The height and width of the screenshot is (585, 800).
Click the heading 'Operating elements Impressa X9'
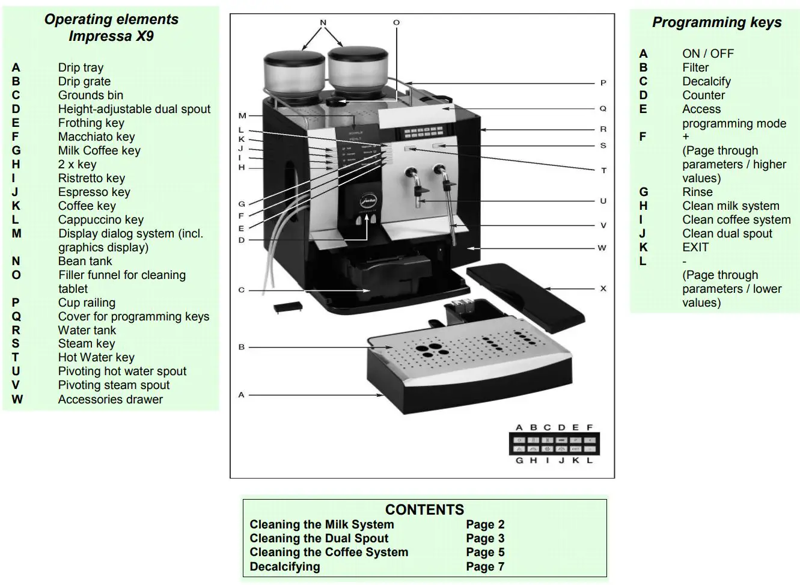[x=111, y=28]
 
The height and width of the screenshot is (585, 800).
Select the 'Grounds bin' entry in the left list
[x=90, y=95]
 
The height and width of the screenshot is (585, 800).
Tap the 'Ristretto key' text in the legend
[x=91, y=178]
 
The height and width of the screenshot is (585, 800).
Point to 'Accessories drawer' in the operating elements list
[x=110, y=399]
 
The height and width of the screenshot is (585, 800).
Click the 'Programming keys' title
[x=716, y=23]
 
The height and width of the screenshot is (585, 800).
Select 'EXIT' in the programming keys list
[x=695, y=247]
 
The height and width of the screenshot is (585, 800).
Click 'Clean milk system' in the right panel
[x=730, y=206]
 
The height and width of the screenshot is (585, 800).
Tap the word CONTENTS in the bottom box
[x=424, y=510]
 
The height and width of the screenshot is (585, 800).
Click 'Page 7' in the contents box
[x=484, y=566]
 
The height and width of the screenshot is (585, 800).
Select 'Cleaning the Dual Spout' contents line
[x=319, y=538]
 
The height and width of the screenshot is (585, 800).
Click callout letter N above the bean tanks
[x=323, y=23]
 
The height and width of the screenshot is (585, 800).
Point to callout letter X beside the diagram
[x=603, y=289]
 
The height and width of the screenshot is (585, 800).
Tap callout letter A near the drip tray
[x=241, y=395]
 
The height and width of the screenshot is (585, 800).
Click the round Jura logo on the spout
[x=367, y=201]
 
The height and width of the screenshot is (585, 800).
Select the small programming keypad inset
[x=554, y=444]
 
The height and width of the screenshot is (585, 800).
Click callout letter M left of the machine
[x=242, y=115]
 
